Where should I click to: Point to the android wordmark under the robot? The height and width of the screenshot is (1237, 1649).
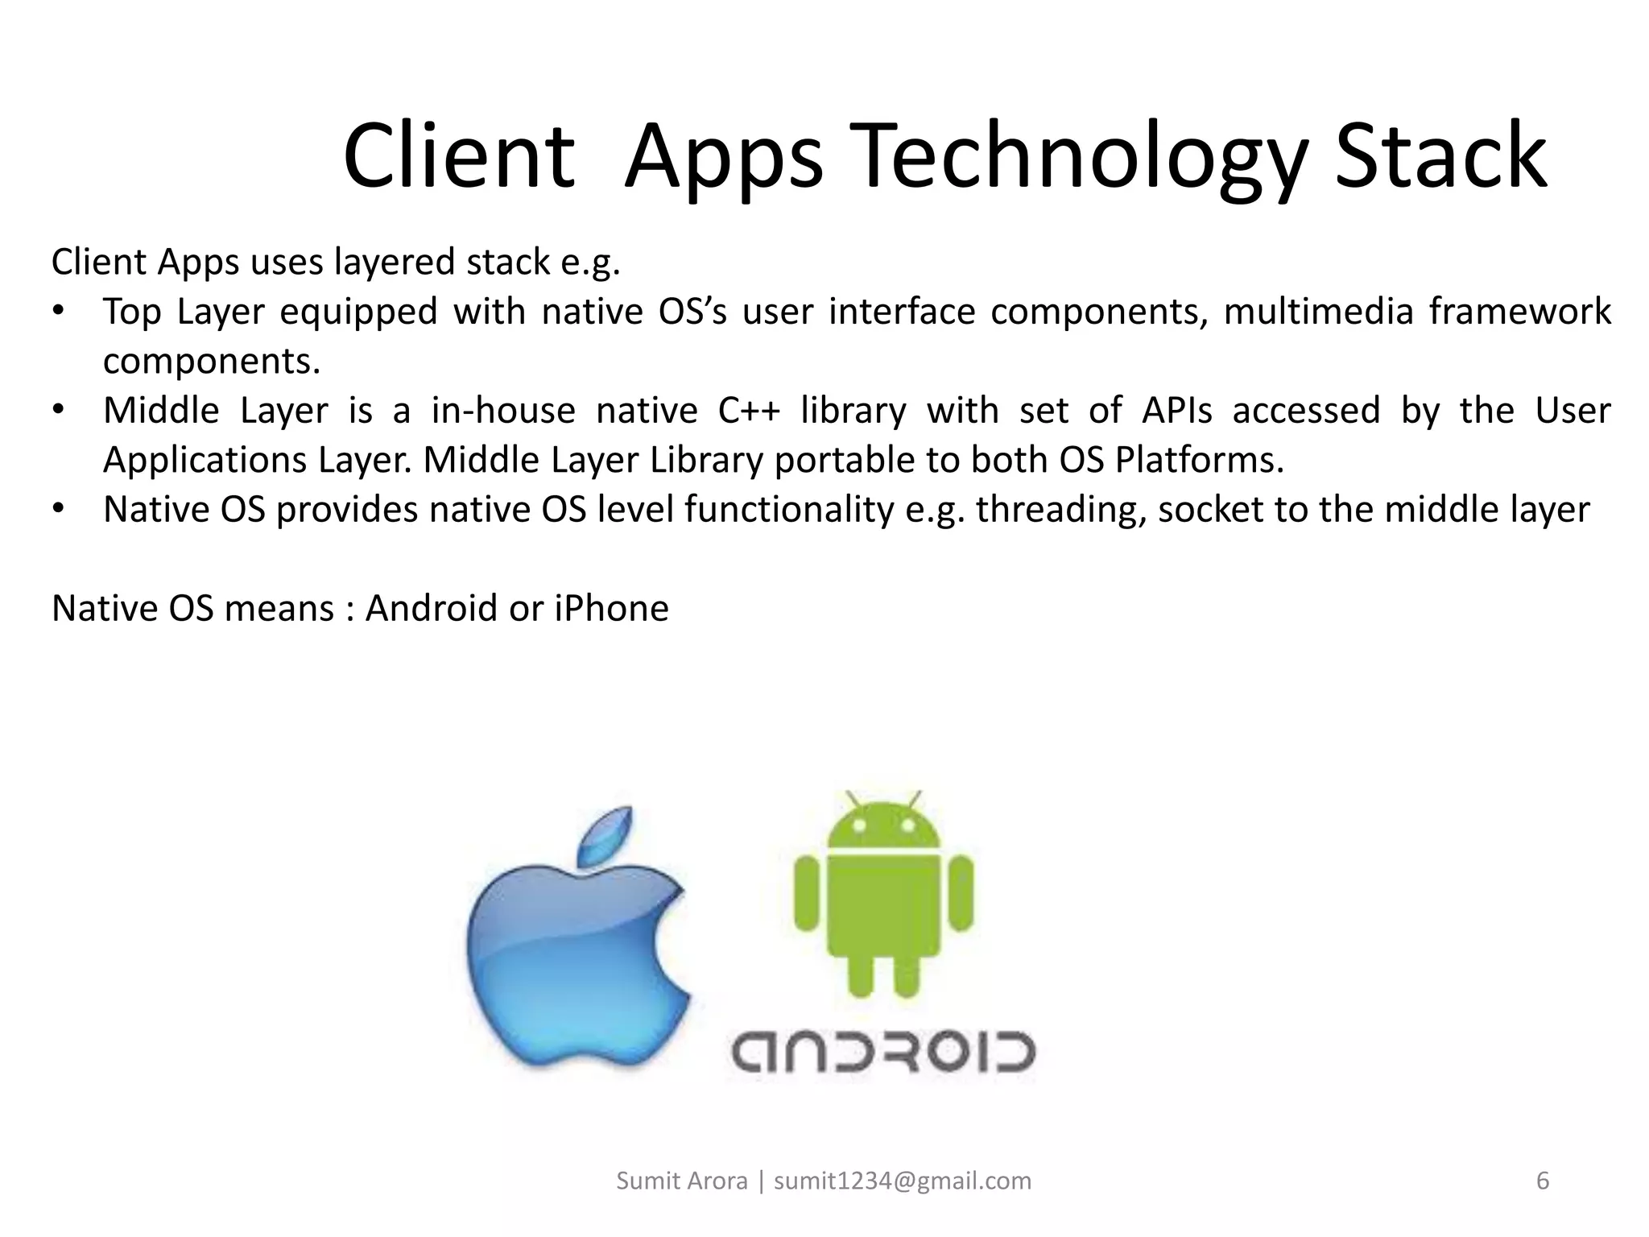[882, 1051]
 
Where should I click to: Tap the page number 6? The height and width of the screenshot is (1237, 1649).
[1543, 1181]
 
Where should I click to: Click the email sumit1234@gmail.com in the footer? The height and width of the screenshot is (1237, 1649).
[903, 1181]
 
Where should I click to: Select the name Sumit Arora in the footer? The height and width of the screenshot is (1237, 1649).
[681, 1181]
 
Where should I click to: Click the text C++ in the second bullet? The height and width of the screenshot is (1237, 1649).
[749, 411]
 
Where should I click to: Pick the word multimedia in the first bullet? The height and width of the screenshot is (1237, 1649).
[1318, 312]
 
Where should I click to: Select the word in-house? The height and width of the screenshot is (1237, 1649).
[503, 411]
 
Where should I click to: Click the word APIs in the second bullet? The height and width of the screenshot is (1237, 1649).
[1176, 411]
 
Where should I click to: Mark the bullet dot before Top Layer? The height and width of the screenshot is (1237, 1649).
[58, 312]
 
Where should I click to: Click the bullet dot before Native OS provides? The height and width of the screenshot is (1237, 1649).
[58, 511]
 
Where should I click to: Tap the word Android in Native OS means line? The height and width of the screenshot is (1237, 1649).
[432, 608]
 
